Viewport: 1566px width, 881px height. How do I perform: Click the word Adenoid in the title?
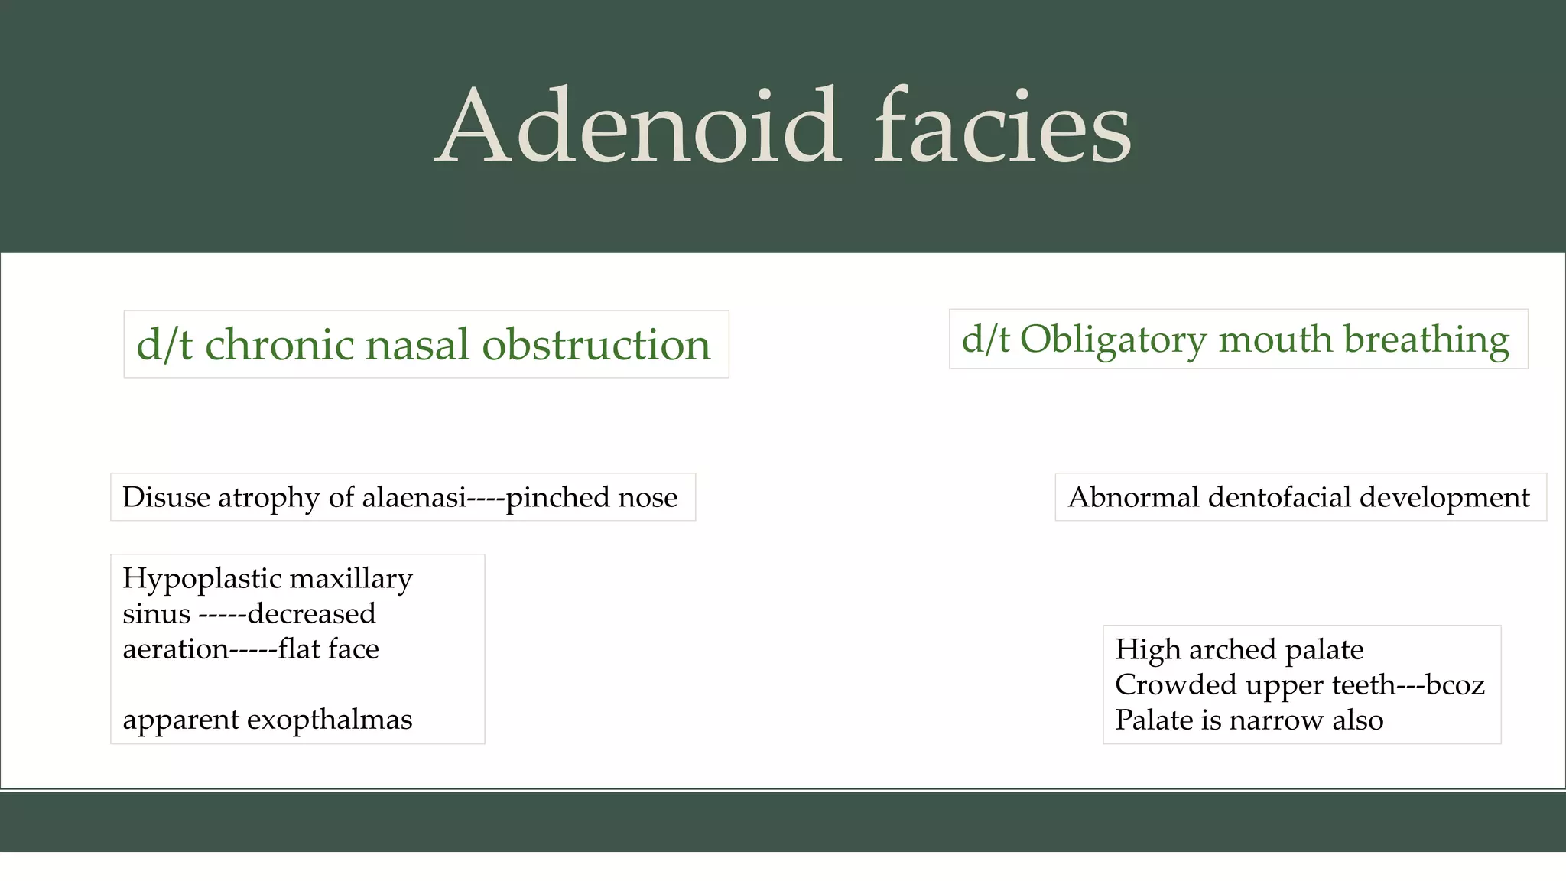pyautogui.click(x=638, y=126)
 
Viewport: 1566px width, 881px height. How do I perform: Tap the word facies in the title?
pyautogui.click(x=1002, y=126)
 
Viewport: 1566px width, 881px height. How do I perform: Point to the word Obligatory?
pyautogui.click(x=1113, y=340)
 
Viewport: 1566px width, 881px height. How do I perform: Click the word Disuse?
pyautogui.click(x=166, y=497)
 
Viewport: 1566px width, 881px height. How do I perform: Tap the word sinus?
pyautogui.click(x=156, y=614)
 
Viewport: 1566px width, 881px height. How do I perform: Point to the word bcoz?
pyautogui.click(x=1455, y=684)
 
